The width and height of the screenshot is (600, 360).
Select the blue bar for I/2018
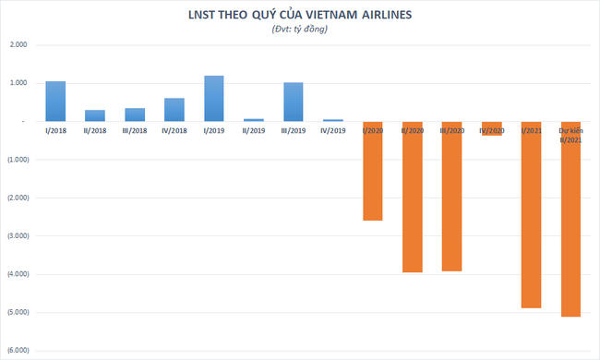[55, 102]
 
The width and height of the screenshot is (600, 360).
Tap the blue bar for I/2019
[214, 99]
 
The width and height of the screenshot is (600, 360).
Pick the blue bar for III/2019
[294, 102]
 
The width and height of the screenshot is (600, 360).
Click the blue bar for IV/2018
[174, 110]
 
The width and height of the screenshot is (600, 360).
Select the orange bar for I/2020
[373, 171]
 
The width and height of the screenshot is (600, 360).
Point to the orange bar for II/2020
[413, 197]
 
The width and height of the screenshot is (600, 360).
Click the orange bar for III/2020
[452, 196]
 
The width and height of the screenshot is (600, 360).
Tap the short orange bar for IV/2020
[492, 129]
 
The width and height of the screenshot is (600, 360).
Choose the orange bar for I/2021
[532, 214]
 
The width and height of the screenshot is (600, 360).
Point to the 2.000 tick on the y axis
[18, 45]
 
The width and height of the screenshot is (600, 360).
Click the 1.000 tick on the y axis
[18, 83]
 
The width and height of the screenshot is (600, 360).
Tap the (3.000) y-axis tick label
[17, 236]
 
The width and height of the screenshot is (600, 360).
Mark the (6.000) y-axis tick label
[17, 351]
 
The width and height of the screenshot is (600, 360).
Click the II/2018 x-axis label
[95, 131]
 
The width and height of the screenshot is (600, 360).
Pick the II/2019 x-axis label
[254, 131]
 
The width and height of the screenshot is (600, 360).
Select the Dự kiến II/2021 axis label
[571, 135]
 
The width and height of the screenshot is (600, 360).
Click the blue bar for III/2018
[135, 114]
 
